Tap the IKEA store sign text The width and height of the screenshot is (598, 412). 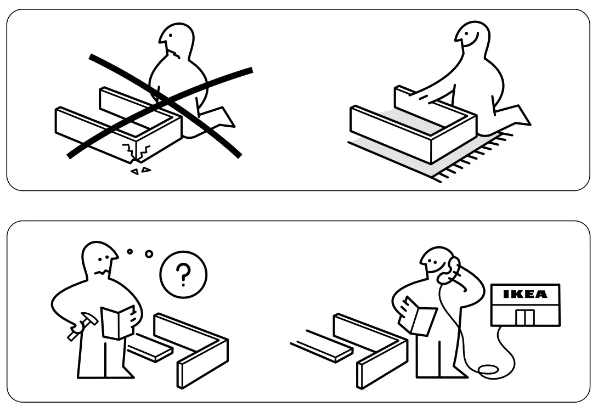point(525,294)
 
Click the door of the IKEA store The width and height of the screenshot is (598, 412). point(525,317)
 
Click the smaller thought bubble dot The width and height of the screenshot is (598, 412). point(129,252)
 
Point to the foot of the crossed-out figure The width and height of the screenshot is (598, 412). point(222,116)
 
